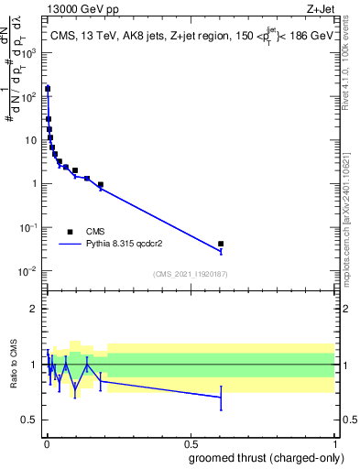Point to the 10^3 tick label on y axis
[x=29, y=52]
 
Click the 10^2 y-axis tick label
[x=29, y=96]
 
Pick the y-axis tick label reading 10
[x=32, y=140]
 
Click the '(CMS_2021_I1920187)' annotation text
[x=190, y=274]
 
